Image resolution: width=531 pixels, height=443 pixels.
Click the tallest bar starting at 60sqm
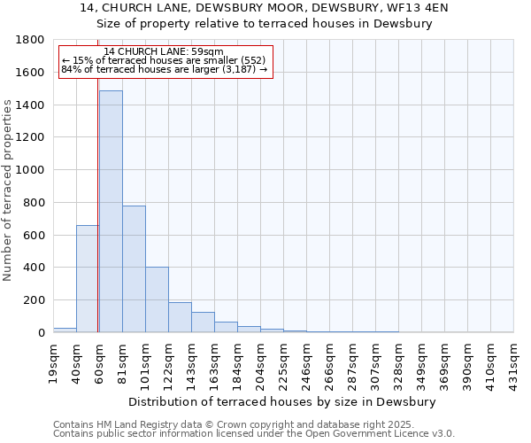pos(111,213)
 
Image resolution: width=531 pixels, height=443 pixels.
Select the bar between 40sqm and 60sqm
pos(88,279)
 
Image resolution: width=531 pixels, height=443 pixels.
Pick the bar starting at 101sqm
pos(157,300)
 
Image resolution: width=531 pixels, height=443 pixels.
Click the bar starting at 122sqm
pos(180,317)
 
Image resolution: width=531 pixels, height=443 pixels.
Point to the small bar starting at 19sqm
pos(65,330)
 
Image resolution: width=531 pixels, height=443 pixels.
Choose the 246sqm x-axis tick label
pos(306,362)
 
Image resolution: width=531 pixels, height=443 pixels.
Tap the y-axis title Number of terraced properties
pos(9,190)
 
